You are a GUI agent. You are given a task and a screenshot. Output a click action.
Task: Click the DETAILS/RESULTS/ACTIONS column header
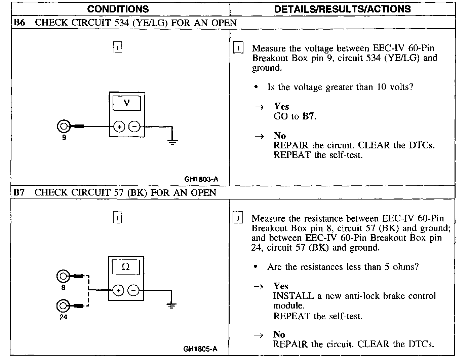[342, 9]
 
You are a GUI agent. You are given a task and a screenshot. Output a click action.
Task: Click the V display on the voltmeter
[127, 103]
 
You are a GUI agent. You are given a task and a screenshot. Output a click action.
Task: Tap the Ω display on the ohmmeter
[126, 267]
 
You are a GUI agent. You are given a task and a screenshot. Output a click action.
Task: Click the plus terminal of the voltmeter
[119, 127]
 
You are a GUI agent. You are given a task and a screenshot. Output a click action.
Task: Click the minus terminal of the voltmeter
[134, 127]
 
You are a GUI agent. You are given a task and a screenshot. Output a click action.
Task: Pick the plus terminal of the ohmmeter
[118, 290]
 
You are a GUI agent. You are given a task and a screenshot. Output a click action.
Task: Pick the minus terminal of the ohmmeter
[133, 290]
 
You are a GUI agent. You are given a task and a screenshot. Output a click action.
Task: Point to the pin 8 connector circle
[63, 277]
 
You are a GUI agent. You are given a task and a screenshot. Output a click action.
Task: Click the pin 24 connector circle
[63, 305]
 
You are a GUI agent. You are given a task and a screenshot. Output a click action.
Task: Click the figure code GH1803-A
[201, 179]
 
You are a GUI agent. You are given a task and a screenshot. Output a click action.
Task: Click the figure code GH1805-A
[200, 349]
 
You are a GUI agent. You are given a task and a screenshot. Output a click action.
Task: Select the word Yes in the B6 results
[281, 107]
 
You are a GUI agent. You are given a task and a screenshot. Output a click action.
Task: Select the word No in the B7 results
[279, 334]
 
